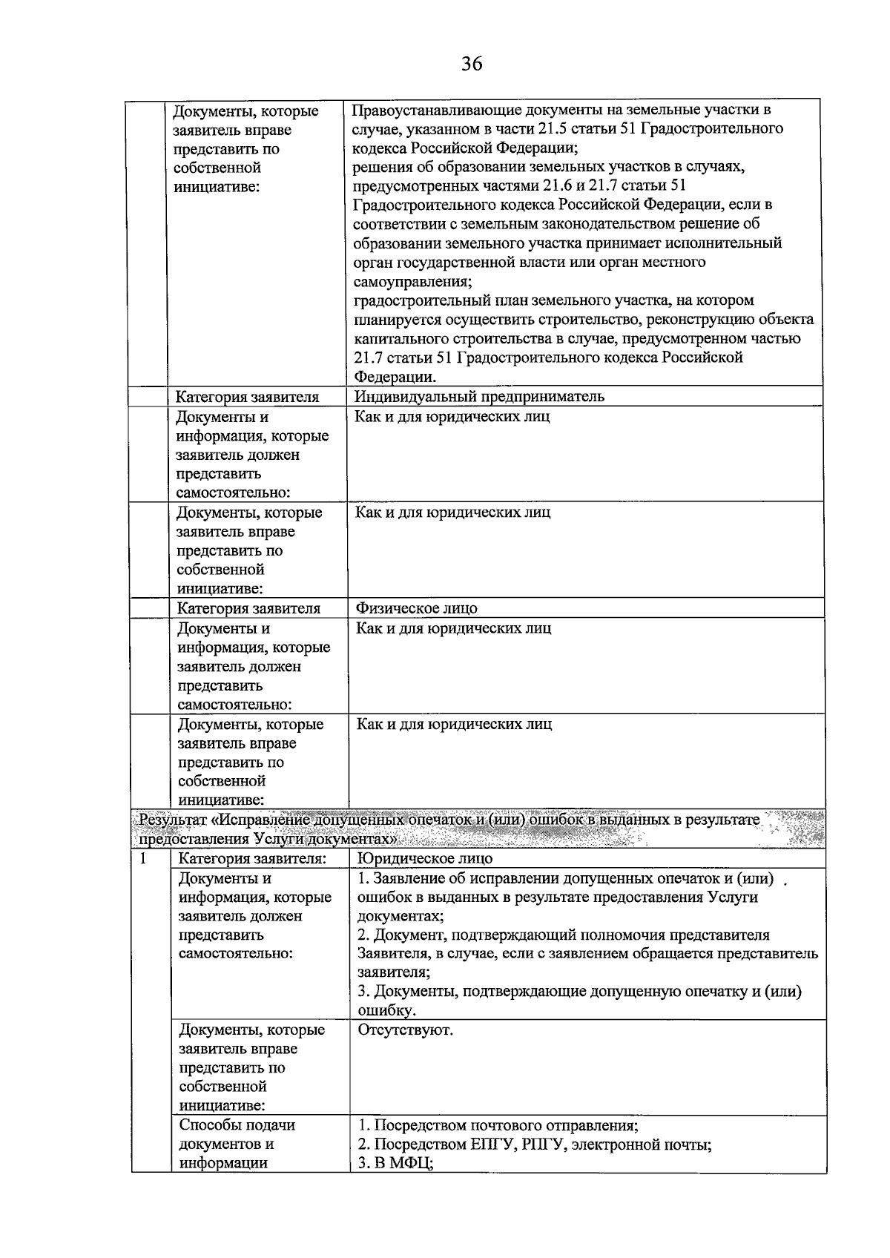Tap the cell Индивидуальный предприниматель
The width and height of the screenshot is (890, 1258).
click(479, 396)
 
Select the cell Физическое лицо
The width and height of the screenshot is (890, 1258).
click(417, 608)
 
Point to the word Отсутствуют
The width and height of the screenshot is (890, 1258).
click(405, 1030)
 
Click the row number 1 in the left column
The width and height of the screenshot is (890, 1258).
click(142, 858)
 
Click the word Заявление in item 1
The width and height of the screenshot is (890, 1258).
click(409, 878)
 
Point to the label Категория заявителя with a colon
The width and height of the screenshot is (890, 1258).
click(253, 858)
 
